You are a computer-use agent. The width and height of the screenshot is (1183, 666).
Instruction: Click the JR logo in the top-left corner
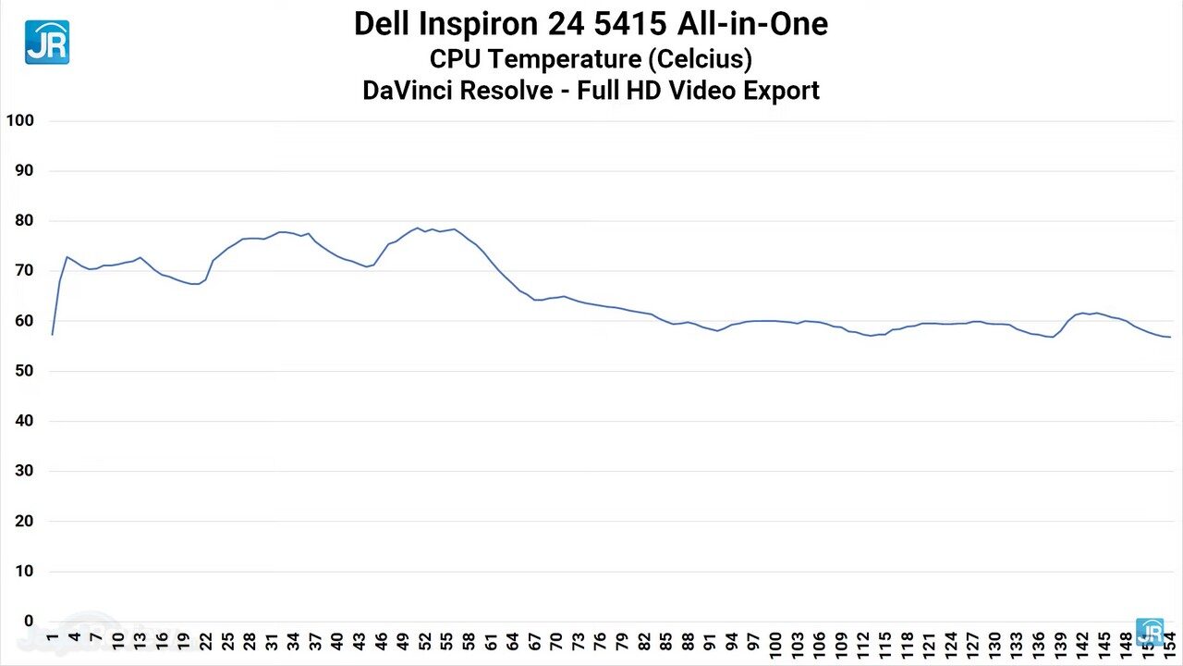tap(46, 42)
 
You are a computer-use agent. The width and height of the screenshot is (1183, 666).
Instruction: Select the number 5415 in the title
tap(628, 24)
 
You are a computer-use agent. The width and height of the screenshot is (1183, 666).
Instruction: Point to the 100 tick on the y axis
tap(19, 120)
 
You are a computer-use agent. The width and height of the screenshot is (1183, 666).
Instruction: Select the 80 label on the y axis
tap(23, 220)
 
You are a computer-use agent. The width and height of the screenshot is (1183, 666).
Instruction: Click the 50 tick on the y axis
tap(23, 371)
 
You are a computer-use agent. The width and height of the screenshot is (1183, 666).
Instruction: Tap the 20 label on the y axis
tap(23, 521)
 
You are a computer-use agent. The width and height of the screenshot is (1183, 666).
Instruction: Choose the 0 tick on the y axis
tap(29, 622)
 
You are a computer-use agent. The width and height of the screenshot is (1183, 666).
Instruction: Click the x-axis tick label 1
tap(53, 638)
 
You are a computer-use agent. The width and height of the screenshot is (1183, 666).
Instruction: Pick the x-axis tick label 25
tap(227, 641)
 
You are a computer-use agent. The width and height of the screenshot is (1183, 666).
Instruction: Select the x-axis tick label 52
tap(424, 641)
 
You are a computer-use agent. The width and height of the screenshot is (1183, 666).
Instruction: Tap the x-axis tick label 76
tap(600, 641)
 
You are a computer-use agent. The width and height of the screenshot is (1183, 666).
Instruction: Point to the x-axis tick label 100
tap(774, 644)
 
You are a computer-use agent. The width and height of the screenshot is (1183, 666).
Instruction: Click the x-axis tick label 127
tap(971, 644)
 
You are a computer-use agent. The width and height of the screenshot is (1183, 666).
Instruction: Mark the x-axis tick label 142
tap(1081, 644)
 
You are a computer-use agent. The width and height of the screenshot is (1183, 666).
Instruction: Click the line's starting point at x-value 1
tap(53, 334)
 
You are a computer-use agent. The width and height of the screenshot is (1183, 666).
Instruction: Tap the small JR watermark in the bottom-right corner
tap(1150, 632)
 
